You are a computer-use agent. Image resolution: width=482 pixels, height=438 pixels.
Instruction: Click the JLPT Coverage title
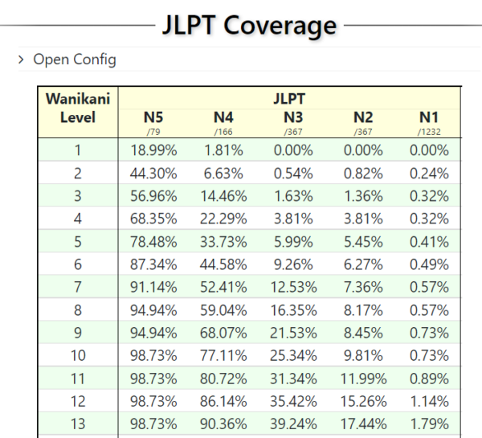coord(249,26)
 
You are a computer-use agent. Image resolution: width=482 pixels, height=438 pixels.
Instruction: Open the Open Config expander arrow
coord(21,59)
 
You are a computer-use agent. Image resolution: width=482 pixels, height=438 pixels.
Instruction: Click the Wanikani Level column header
coord(78,108)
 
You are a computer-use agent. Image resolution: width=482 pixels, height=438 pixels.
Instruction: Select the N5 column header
coord(153,117)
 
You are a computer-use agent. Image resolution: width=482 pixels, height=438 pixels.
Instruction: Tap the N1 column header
coord(429,117)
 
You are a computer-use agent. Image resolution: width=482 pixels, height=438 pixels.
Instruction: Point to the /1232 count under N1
coord(429,132)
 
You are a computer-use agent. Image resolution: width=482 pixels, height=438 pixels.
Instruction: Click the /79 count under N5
coord(153,132)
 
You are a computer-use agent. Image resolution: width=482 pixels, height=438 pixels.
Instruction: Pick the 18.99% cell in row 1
coord(153,150)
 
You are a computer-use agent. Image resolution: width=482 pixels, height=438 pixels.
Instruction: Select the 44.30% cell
coord(153,173)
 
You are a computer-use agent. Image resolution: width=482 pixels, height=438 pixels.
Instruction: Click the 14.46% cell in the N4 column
coord(223,196)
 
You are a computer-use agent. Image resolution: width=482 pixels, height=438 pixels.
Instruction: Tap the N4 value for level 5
coord(223,241)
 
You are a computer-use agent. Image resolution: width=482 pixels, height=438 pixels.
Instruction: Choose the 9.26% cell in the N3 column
coord(293,264)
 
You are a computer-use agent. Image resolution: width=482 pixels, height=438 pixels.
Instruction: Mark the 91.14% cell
coord(153,287)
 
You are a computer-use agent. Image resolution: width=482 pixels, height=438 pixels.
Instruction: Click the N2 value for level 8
coord(363,309)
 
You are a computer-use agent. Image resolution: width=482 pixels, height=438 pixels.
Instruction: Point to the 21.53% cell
coord(293,333)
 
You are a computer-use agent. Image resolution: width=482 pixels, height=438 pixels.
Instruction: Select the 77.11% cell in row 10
coord(223,355)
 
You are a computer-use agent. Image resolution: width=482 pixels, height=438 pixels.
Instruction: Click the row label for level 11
coord(78,379)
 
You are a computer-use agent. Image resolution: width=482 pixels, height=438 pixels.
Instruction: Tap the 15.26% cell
coord(363,401)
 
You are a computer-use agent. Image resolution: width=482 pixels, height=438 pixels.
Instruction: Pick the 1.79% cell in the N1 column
coord(429,424)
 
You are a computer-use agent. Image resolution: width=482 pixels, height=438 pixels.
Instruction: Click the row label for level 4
coord(78,219)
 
